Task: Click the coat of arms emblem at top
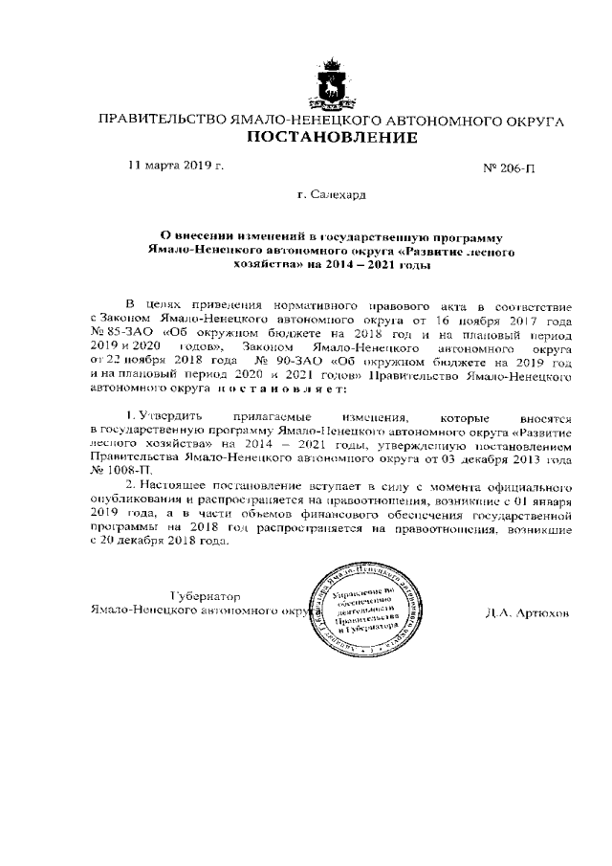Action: [x=332, y=86]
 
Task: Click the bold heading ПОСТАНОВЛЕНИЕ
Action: [x=332, y=139]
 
